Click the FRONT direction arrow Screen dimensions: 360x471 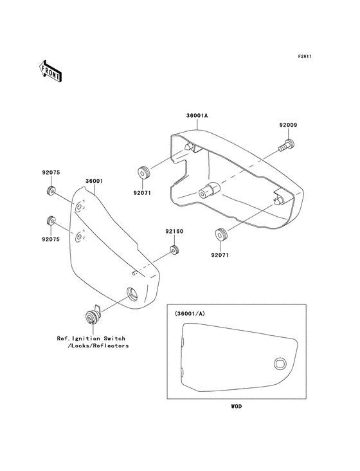click(x=50, y=71)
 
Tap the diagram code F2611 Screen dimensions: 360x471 click(x=305, y=56)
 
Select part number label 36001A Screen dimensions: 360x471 click(x=197, y=115)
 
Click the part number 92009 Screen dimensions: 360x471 click(x=288, y=125)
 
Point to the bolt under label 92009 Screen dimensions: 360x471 click(x=287, y=145)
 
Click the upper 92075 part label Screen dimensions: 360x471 click(x=51, y=172)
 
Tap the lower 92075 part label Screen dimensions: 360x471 click(x=51, y=239)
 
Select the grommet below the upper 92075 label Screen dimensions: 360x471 click(x=51, y=190)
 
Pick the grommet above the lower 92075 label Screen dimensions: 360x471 click(x=51, y=221)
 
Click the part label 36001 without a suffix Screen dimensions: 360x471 click(x=94, y=181)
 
